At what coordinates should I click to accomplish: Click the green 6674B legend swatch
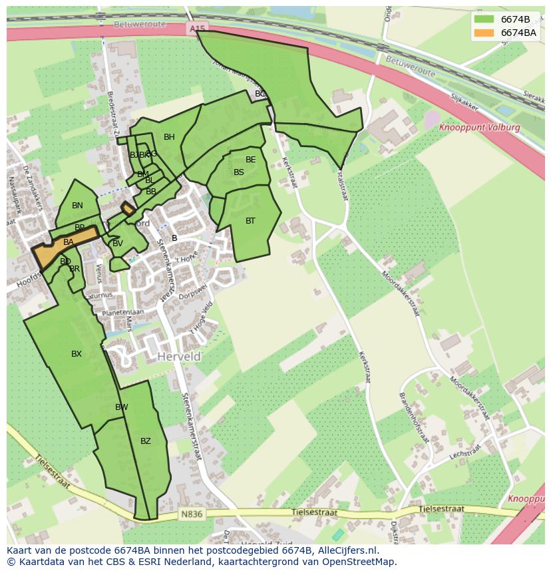click(484, 19)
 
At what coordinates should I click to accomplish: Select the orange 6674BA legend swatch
click(484, 33)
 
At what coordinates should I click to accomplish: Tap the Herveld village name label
click(179, 357)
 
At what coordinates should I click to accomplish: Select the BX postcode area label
click(77, 354)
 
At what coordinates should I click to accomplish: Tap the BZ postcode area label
click(146, 441)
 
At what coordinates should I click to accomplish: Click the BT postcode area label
click(250, 220)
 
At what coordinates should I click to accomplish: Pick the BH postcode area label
click(169, 138)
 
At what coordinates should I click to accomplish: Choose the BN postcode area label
click(77, 206)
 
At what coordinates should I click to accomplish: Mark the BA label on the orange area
click(68, 243)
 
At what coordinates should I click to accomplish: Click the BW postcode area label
click(121, 407)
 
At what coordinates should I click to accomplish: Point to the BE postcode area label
click(250, 160)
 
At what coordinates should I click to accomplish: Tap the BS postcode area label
click(239, 172)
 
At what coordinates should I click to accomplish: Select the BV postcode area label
click(118, 244)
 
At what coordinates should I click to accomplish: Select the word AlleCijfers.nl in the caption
click(346, 550)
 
